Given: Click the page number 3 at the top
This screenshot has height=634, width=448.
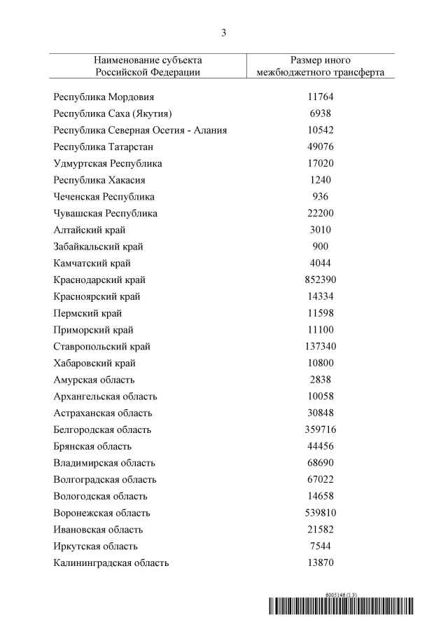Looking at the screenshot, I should (x=223, y=33).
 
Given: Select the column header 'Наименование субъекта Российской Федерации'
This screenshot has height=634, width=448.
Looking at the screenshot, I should (x=148, y=66).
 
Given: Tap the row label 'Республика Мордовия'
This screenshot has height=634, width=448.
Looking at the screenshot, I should (x=104, y=97).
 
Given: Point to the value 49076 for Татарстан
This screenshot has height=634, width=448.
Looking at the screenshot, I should (x=321, y=147).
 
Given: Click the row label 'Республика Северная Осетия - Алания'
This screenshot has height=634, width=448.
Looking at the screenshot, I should (x=140, y=130).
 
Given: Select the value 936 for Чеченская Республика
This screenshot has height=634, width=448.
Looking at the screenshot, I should (x=321, y=197).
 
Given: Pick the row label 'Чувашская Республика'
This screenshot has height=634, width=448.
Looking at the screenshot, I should (x=105, y=214).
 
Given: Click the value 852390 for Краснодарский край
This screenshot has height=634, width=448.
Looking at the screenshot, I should (x=321, y=280).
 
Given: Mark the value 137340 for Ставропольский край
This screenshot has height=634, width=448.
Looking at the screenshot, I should (x=321, y=347).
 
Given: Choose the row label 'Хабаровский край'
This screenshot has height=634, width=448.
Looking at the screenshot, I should (x=94, y=364).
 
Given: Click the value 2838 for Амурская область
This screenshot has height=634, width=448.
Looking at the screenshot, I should (x=321, y=380).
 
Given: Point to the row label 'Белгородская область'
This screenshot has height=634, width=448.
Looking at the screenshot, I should (x=102, y=430).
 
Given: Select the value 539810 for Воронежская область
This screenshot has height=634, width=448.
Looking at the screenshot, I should (x=321, y=513).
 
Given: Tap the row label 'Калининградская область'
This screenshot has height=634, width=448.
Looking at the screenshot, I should (x=111, y=563).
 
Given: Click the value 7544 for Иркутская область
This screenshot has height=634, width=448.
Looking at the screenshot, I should (x=321, y=546).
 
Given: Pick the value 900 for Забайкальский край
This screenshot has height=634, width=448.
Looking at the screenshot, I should (x=321, y=247).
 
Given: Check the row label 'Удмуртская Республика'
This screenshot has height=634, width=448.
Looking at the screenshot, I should (x=108, y=163).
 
